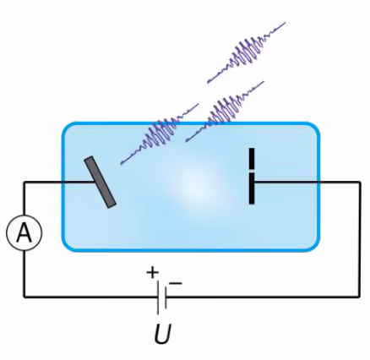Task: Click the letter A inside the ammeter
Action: [24, 233]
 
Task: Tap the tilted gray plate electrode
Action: [100, 183]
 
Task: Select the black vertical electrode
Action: [252, 176]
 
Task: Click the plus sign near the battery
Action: [153, 272]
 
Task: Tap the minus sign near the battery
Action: [176, 283]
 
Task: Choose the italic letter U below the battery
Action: [163, 334]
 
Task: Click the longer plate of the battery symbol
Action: [158, 297]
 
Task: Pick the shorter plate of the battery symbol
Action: [166, 297]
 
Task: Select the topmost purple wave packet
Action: [247, 52]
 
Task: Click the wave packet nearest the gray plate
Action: [160, 134]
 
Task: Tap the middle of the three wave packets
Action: [225, 112]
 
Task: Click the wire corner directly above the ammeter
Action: [24, 183]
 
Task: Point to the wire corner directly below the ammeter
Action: [24, 297]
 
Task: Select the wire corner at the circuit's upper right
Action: [360, 183]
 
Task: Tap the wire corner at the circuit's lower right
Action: [360, 297]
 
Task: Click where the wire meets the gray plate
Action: [95, 183]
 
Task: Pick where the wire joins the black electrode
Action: [255, 183]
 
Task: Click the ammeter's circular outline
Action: [24, 215]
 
